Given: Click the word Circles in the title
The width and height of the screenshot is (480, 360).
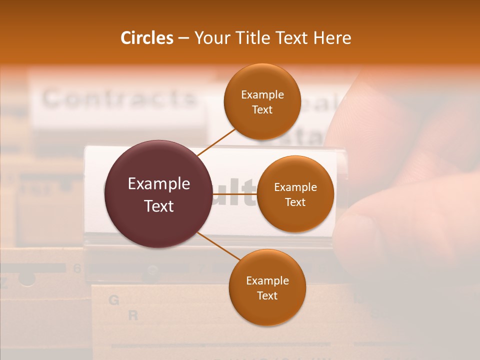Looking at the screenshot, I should coord(147,38).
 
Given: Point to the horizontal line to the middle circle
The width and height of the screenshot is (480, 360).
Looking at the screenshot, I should coord(235,194).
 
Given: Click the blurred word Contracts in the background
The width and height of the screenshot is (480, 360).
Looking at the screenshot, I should coord(119,98).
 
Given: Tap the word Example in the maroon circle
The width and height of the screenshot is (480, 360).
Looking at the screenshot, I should coord(159,184).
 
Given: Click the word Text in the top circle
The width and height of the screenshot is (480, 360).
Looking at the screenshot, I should coord(262,109).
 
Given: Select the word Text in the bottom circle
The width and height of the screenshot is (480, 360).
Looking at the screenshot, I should coord(267,295).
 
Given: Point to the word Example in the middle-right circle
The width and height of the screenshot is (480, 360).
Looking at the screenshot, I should coord(295,187).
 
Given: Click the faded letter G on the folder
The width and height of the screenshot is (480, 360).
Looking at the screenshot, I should coord(114,300).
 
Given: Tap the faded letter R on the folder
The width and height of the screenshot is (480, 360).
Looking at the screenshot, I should coord(133,315).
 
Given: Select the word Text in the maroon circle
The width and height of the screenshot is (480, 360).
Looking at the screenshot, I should coord(159,206).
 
